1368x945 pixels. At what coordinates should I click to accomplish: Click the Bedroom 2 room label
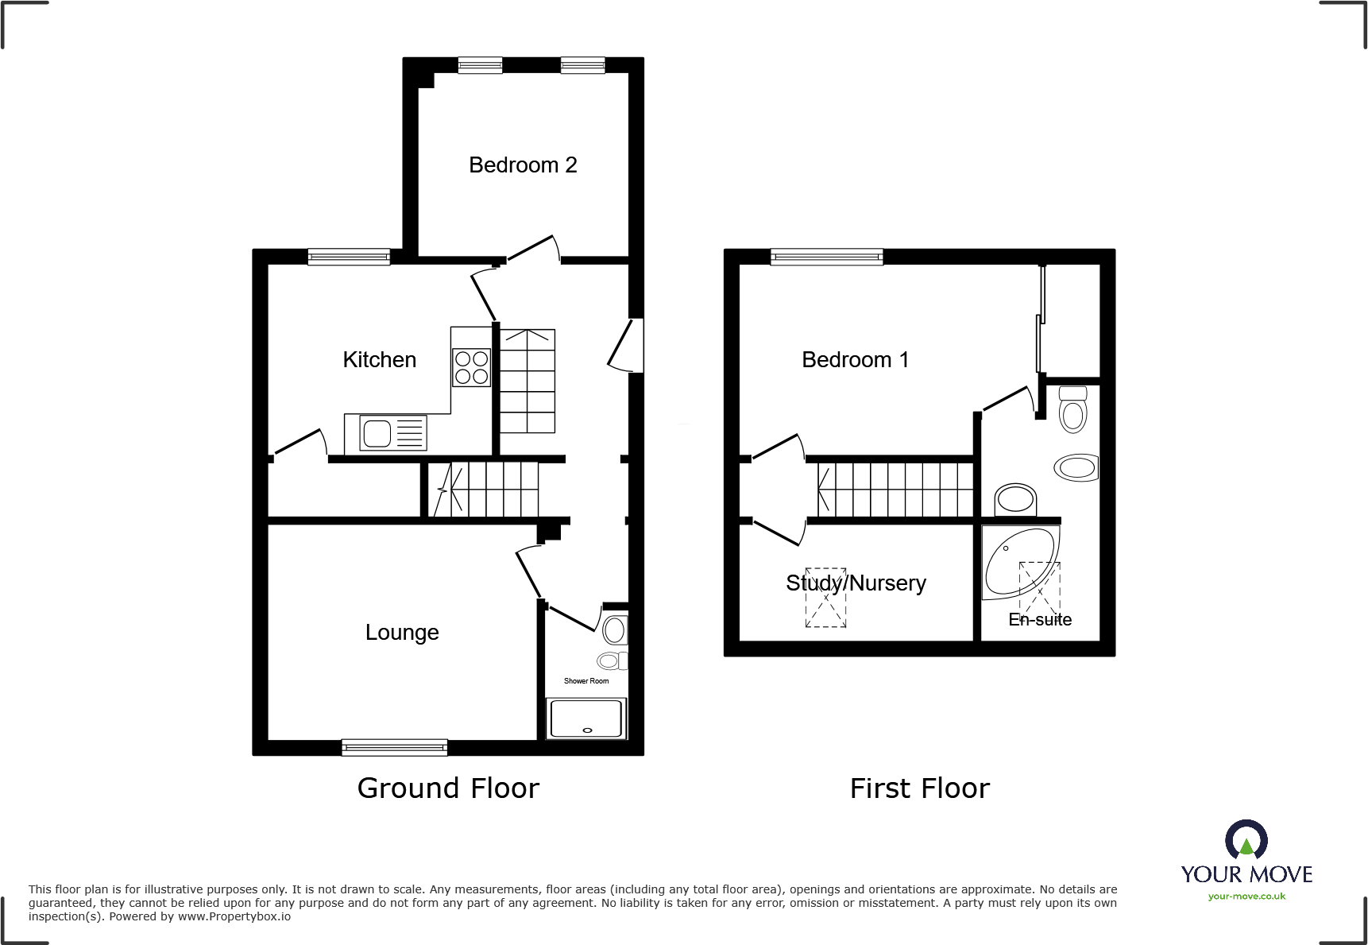pos(523,165)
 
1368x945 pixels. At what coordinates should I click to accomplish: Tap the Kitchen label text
pos(379,359)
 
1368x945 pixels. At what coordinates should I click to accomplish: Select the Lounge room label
pos(402,632)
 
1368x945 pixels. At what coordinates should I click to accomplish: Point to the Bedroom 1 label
pos(855,359)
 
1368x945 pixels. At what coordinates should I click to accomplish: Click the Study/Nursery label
pos(856,583)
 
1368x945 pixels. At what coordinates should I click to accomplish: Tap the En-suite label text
pos(1040,619)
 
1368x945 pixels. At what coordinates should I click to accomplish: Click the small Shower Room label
pos(586,681)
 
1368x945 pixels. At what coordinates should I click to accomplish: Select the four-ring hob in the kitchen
pos(471,368)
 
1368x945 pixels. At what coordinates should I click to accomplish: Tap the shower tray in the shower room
pos(586,718)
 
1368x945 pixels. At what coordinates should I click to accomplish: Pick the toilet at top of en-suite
pos(1073,409)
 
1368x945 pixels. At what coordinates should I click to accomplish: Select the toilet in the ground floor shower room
pos(614,630)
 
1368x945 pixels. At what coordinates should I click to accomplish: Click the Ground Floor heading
pos(448,788)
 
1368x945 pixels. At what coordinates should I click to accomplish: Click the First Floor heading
pos(919,788)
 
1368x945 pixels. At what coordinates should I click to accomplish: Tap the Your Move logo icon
pos(1246,839)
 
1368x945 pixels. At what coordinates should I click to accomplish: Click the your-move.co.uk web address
pos(1246,897)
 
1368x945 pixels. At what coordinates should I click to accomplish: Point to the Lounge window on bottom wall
pos(395,747)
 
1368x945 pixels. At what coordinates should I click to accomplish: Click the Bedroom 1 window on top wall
pos(826,256)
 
